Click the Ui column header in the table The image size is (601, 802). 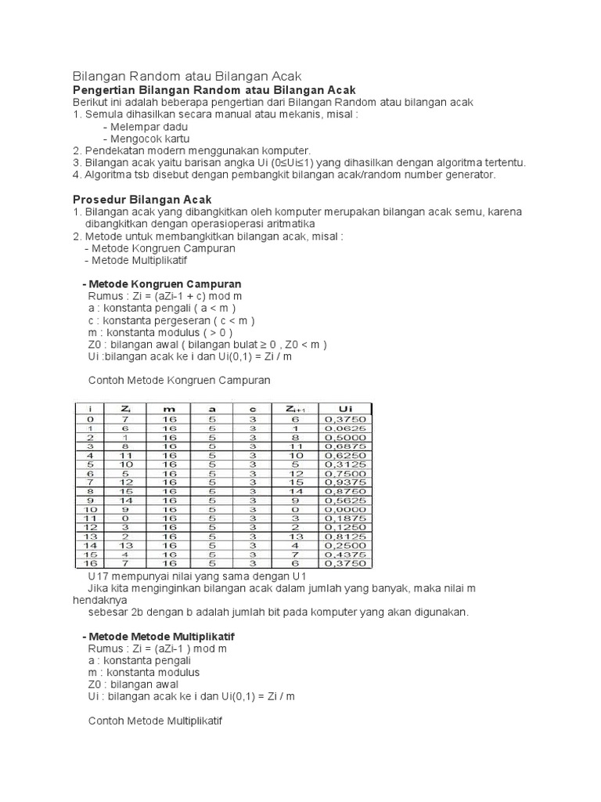point(344,409)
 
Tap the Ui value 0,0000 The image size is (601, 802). point(344,510)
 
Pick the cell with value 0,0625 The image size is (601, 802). point(344,428)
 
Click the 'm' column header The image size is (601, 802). point(169,409)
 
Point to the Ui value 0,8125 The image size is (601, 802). point(344,537)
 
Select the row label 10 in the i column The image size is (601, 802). point(91,510)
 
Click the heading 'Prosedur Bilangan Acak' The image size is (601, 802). point(142,200)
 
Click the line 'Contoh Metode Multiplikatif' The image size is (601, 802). point(156,721)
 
